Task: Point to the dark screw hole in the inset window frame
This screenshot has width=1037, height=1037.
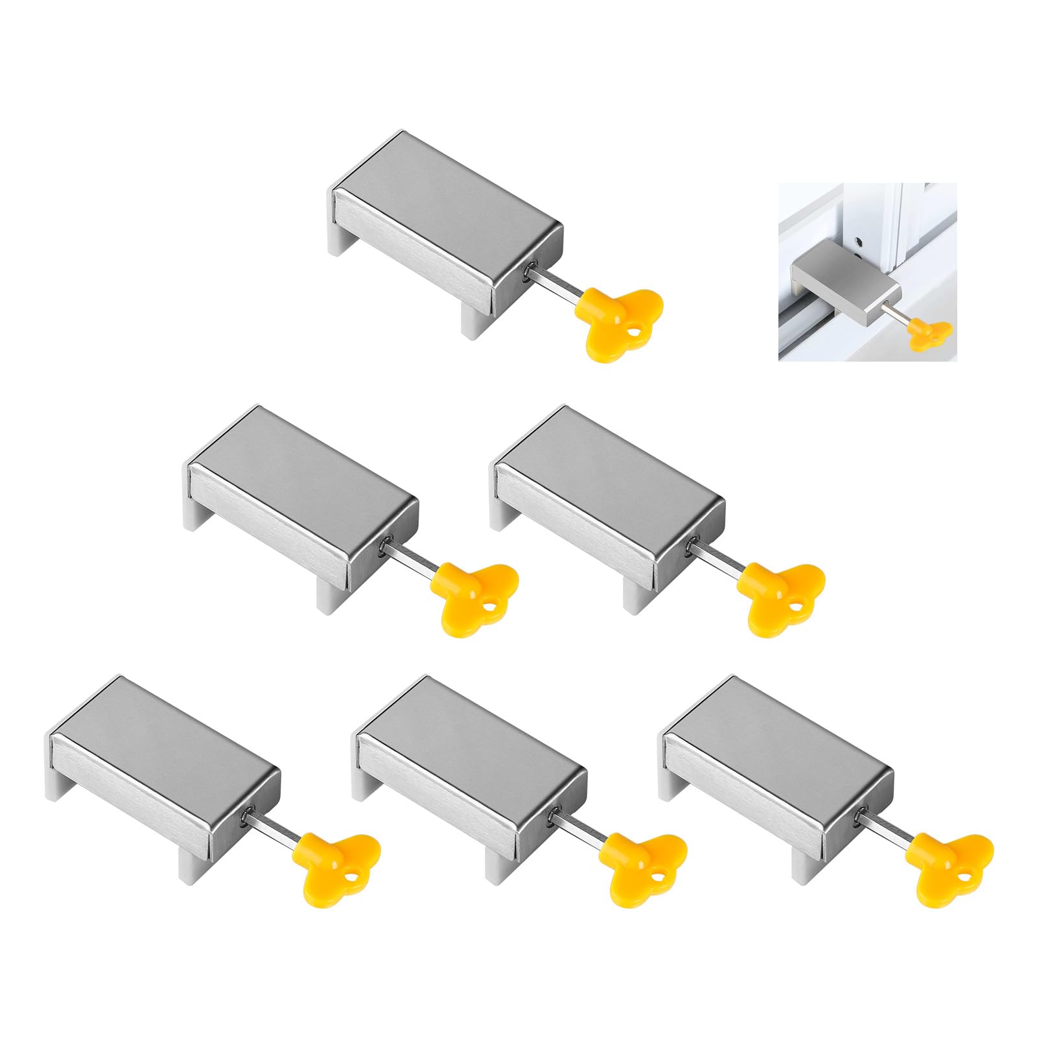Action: (858, 243)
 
